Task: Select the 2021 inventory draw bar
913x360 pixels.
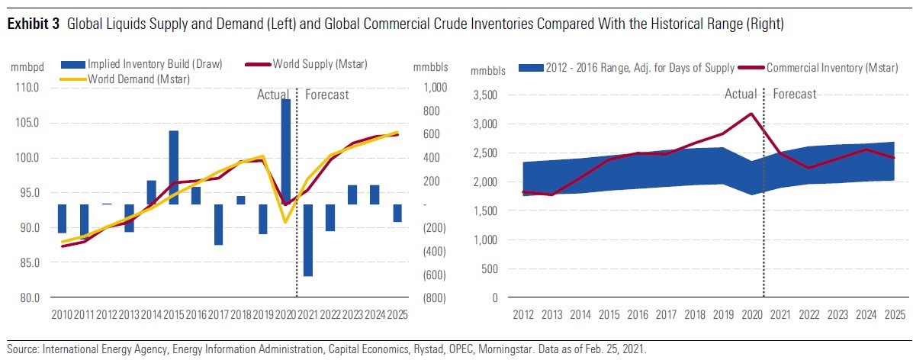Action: coord(307,239)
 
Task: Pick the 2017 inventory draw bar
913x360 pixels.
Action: coord(218,224)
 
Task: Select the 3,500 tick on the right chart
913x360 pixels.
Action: coord(487,95)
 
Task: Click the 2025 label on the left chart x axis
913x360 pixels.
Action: coord(395,314)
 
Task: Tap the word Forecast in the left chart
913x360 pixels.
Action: coord(327,95)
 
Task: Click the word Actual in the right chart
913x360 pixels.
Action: coord(740,94)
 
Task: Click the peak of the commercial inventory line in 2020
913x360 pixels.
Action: coord(752,114)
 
